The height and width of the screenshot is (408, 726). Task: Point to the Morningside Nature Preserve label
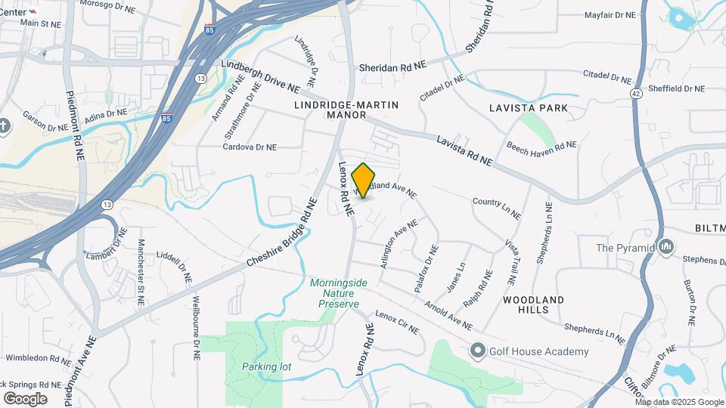(338, 292)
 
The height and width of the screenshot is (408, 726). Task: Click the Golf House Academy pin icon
(477, 351)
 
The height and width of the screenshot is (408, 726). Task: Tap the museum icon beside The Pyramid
(666, 247)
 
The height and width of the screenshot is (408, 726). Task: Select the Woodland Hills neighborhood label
(533, 305)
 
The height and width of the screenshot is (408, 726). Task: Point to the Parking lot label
(266, 366)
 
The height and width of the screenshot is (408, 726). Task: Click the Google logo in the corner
(25, 398)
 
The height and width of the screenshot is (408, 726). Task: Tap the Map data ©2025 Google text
(679, 402)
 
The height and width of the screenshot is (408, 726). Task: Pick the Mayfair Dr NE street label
(611, 14)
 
